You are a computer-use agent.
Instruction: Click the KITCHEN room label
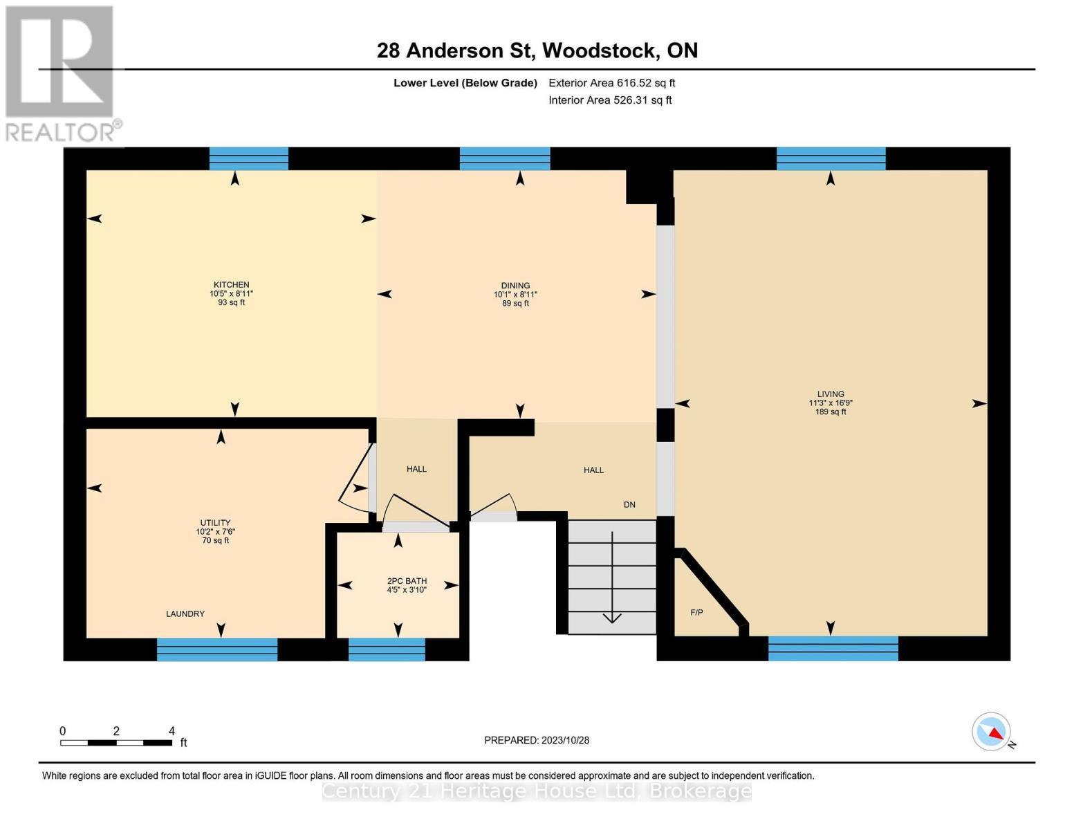(x=231, y=285)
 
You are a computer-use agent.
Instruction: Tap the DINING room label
(x=515, y=286)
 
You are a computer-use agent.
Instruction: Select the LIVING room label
(x=831, y=394)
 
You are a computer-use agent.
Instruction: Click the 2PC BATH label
(x=407, y=581)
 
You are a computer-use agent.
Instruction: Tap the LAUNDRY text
(x=185, y=614)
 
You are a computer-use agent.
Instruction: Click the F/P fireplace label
(x=696, y=613)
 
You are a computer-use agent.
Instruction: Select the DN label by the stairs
(x=629, y=505)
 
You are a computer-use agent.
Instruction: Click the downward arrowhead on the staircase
(x=612, y=618)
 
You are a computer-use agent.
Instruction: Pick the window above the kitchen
(x=248, y=158)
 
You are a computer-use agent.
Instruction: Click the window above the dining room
(x=505, y=158)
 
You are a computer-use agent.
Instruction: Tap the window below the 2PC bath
(x=387, y=649)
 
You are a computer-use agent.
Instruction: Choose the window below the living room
(x=833, y=649)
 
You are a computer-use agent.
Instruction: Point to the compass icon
(x=992, y=732)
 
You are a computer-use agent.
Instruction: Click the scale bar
(x=116, y=743)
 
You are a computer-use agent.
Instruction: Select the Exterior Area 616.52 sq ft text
(x=611, y=83)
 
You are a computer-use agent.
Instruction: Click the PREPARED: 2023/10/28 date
(x=537, y=740)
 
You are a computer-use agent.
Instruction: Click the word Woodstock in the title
(x=599, y=50)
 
